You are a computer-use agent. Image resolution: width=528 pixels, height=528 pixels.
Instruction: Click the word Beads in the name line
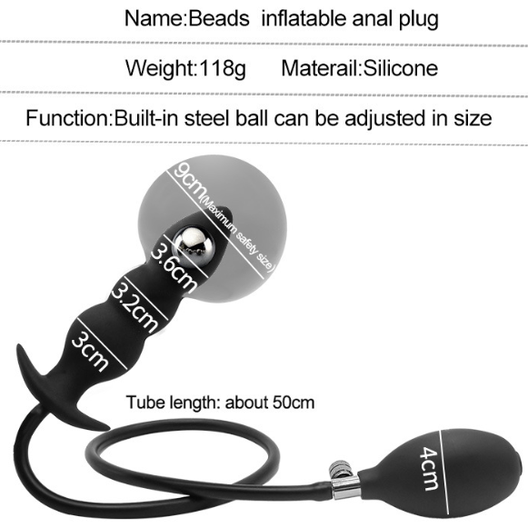click(x=219, y=18)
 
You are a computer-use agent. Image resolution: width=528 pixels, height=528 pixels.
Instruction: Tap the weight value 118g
click(x=223, y=68)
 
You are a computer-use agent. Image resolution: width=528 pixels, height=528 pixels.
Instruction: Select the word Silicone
click(x=401, y=68)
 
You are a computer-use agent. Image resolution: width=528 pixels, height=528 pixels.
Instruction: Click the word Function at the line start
click(x=67, y=118)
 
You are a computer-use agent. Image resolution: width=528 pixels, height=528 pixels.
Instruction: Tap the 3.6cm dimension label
click(x=173, y=267)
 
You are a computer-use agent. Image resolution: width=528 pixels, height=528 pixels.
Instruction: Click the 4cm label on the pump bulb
click(x=428, y=468)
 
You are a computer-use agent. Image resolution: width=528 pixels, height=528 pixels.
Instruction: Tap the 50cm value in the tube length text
click(x=293, y=402)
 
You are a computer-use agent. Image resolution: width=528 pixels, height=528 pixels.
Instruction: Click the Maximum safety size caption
click(x=238, y=234)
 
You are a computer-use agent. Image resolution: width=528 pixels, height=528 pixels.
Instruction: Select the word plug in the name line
click(x=419, y=19)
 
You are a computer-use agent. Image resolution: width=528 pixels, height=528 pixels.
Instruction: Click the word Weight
click(x=161, y=68)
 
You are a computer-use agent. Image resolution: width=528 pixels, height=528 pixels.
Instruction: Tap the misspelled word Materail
click(x=320, y=68)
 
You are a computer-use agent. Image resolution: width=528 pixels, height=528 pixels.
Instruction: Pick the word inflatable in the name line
click(x=304, y=18)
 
